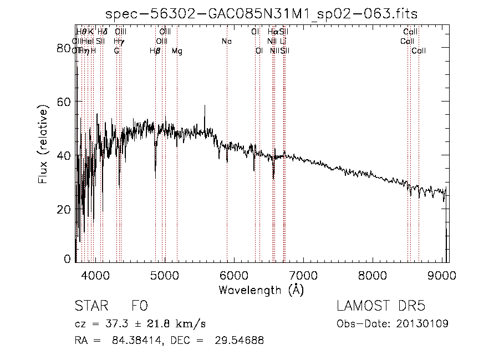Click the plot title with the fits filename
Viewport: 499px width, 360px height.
coord(262,13)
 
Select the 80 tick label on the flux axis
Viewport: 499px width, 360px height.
coord(64,48)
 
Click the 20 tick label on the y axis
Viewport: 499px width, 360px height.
coord(64,209)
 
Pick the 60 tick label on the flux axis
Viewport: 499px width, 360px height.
coord(64,102)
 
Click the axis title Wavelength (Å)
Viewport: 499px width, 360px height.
coord(261,290)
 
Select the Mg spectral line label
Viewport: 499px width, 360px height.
coord(177,51)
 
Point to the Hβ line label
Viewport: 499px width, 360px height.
coord(155,51)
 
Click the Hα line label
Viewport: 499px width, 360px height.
coord(272,32)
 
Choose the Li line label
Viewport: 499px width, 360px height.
coord(283,42)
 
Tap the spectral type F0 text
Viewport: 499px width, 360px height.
coord(139,306)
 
